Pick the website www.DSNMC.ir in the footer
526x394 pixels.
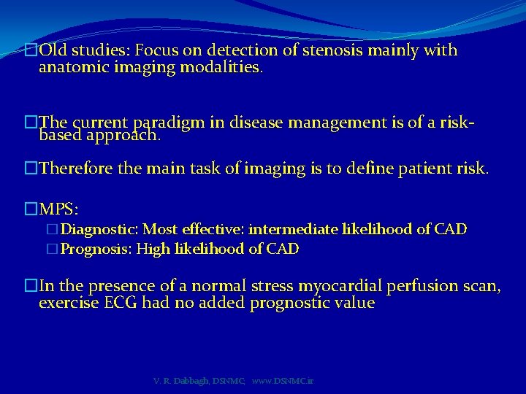tap(282, 382)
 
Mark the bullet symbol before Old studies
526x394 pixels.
tap(30, 51)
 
